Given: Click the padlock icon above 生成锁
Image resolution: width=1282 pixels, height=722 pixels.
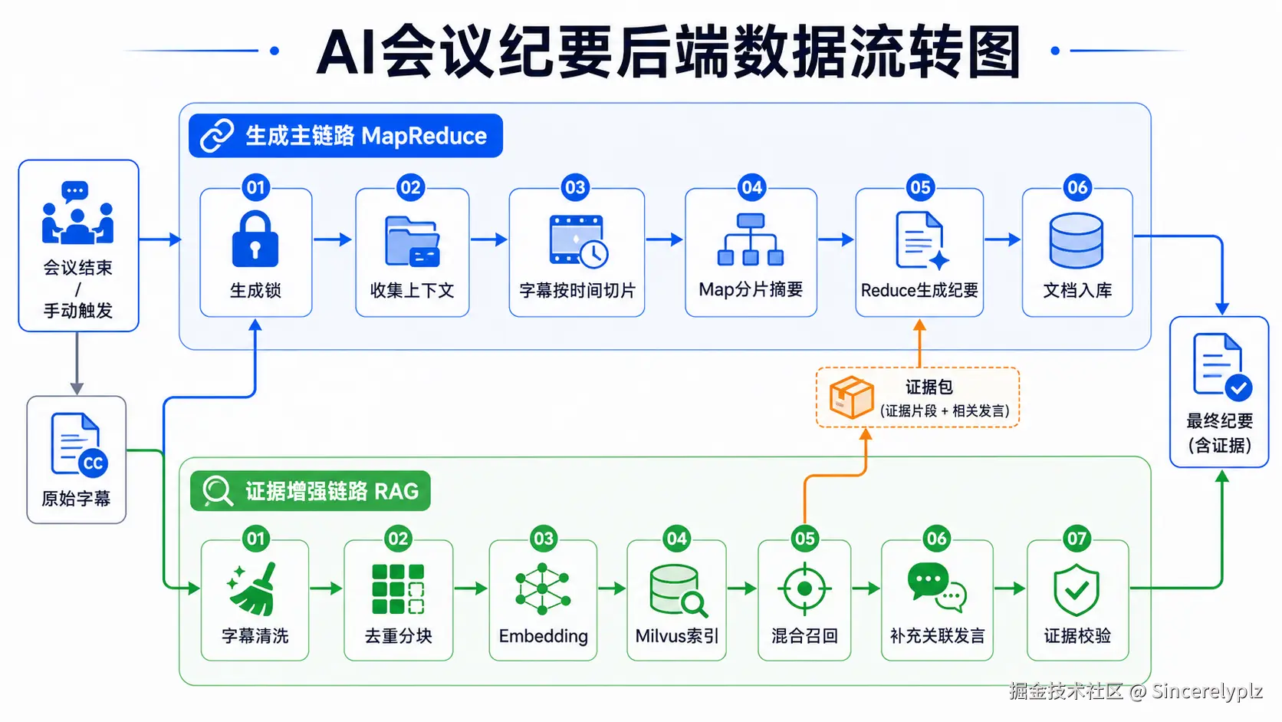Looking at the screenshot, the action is coord(255,239).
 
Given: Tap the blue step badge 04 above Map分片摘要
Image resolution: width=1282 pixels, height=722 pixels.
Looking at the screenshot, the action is coord(751,187).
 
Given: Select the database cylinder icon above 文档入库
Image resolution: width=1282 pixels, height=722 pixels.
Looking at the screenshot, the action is coord(1077,240).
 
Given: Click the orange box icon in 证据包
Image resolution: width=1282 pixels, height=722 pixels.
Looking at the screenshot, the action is coord(852,397).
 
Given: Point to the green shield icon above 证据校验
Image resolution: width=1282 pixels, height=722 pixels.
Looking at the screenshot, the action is coord(1077,589).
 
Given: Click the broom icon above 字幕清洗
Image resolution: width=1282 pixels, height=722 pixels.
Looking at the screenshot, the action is coord(252,588).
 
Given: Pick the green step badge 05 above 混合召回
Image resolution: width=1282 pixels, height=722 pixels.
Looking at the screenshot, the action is coord(804,539).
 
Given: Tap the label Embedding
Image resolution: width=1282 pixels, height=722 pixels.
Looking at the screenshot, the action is coord(543,636).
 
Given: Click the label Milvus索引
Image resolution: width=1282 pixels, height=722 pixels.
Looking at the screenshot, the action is coord(676,636).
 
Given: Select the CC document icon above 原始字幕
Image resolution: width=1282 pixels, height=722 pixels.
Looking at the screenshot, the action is coord(79,444).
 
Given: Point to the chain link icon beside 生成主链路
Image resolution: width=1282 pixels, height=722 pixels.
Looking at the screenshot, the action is coord(217,136).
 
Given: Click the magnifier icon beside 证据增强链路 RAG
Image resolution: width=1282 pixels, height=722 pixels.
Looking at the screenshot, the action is coord(218,491).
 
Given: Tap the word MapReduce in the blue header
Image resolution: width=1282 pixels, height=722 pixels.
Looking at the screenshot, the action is coord(424,137).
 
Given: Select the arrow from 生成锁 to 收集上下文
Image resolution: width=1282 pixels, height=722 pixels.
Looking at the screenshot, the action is coord(333,239).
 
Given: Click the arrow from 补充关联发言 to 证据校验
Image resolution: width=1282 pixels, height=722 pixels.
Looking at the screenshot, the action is coord(1010,588).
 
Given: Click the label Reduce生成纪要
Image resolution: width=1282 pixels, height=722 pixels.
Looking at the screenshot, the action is coord(919,290).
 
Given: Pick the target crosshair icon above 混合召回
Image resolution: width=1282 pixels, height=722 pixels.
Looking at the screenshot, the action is coord(804,588).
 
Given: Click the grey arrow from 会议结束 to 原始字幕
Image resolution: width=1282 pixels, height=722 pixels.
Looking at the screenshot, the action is coord(77,364).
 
